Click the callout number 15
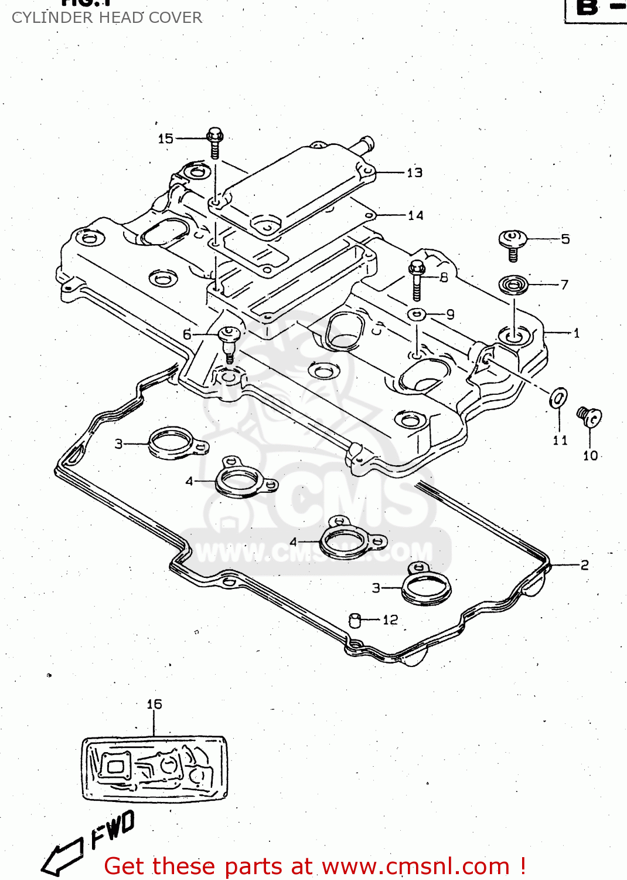tap(166, 138)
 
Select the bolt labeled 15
tap(215, 143)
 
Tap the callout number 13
tap(414, 172)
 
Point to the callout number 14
tap(415, 215)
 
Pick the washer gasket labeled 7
tap(513, 285)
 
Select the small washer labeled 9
tap(417, 314)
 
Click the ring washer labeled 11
tap(558, 398)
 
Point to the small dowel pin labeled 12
tap(355, 620)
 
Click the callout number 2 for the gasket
tap(584, 565)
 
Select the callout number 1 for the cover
tap(576, 333)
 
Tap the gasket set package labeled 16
tap(154, 769)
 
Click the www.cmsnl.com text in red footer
tap(415, 867)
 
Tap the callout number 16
tap(154, 704)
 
